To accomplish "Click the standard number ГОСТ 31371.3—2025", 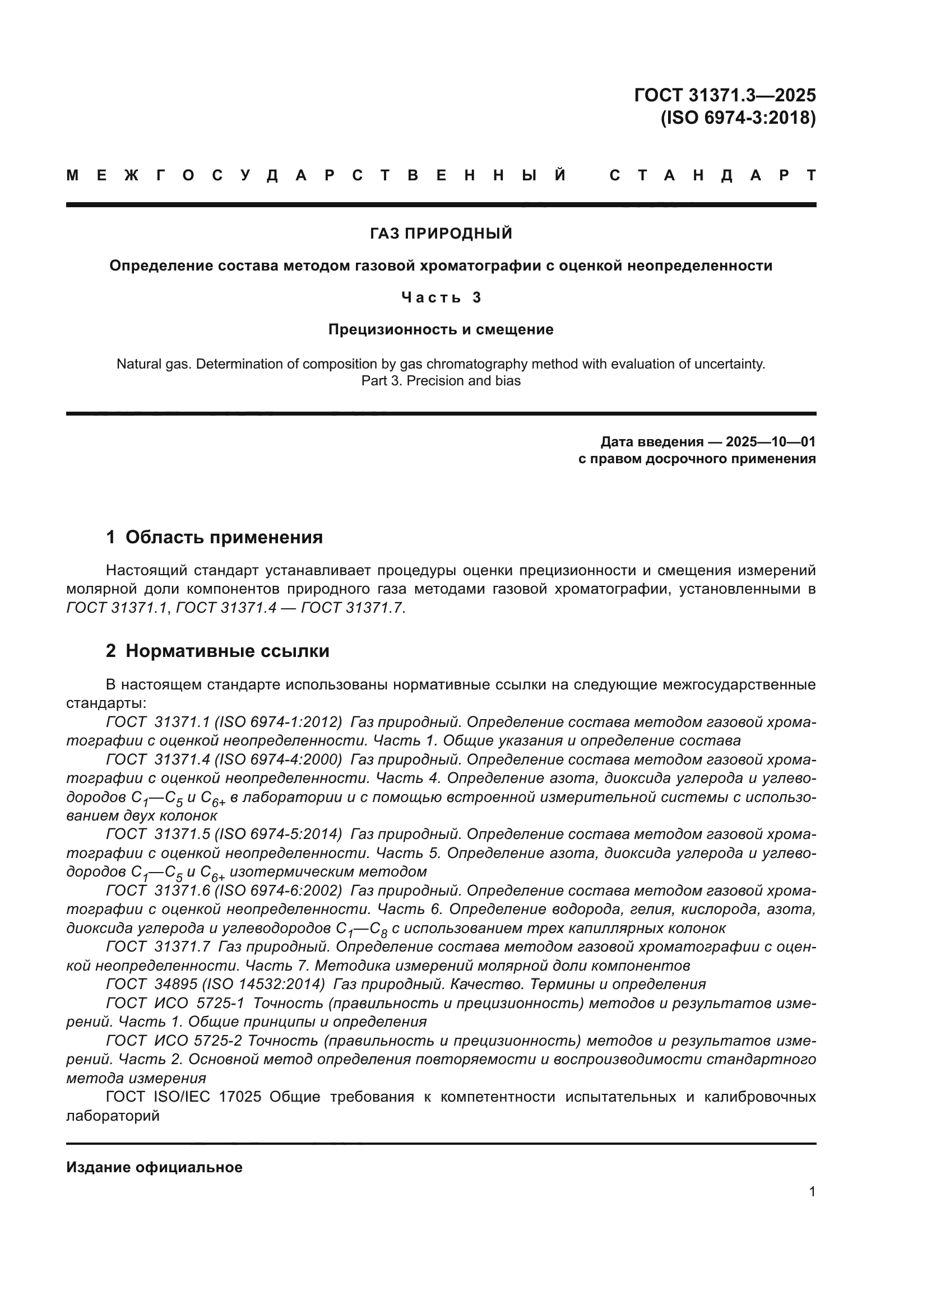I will click(x=724, y=95).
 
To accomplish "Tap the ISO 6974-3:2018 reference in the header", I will click(x=738, y=118).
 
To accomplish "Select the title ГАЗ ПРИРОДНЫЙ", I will click(x=441, y=234).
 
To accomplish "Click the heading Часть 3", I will click(x=441, y=297).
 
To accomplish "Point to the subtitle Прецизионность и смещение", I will click(x=441, y=329).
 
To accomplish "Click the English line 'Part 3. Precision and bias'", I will click(x=441, y=380).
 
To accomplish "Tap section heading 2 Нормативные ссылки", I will click(x=217, y=651).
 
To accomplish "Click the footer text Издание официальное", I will click(x=154, y=1167).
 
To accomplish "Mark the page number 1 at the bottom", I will click(x=812, y=1192).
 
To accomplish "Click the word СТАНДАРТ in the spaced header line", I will click(x=712, y=175).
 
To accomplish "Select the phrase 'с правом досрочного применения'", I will click(x=697, y=459).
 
